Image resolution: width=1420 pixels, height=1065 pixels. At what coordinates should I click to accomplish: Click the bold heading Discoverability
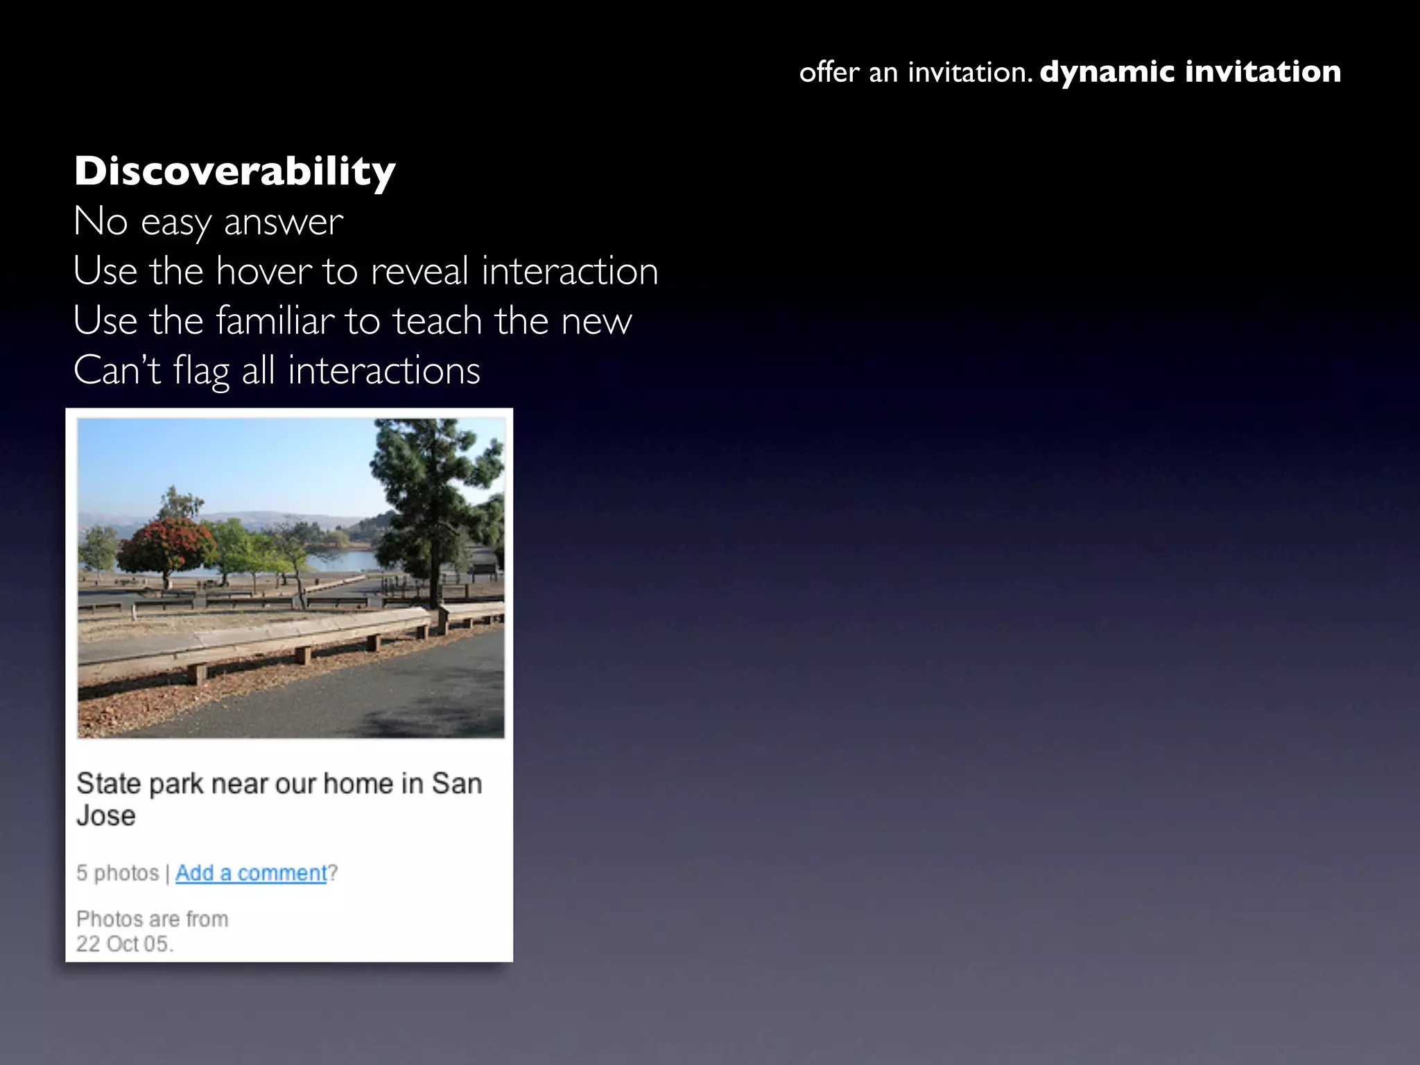point(234,171)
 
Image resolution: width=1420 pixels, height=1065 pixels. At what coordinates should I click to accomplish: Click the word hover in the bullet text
point(263,270)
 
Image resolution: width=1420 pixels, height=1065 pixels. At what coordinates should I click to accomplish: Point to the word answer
point(283,222)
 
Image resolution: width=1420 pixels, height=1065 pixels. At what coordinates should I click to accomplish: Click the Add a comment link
point(250,872)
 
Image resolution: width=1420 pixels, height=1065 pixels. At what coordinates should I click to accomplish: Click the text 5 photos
point(117,872)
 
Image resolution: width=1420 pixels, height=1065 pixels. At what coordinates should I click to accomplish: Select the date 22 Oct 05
point(124,944)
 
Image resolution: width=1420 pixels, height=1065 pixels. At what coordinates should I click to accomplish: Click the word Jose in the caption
point(105,815)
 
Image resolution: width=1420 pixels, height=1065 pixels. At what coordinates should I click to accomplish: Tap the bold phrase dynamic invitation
point(1190,71)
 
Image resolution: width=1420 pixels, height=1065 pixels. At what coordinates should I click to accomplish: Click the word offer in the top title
point(829,71)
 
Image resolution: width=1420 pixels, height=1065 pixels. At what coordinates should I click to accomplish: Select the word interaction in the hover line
point(569,270)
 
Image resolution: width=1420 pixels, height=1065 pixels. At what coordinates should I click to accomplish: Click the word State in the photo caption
point(108,783)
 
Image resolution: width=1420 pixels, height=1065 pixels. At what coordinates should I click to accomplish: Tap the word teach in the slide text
point(437,320)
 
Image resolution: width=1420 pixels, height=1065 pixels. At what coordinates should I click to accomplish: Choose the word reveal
point(419,270)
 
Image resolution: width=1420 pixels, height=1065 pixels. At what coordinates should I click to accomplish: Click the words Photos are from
point(152,919)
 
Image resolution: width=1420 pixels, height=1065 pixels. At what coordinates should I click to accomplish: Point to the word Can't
point(117,370)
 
